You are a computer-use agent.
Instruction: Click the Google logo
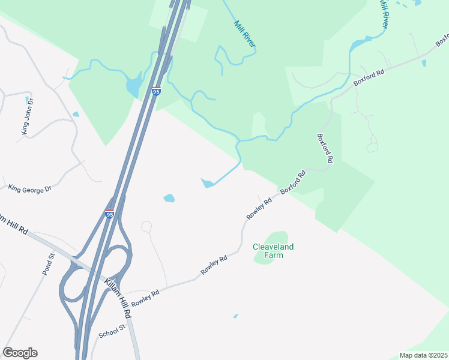[20, 353]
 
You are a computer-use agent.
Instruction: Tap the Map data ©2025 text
[424, 355]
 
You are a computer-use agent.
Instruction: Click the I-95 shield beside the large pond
[156, 91]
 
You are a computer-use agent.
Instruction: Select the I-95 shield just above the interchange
[109, 214]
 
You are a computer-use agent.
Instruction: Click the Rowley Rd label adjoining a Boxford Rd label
[259, 208]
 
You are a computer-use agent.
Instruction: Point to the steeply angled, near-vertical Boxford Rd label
[325, 148]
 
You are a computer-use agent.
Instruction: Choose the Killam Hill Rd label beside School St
[118, 298]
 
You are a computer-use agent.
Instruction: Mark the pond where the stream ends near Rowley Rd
[208, 183]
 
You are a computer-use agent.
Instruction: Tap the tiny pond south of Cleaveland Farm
[235, 316]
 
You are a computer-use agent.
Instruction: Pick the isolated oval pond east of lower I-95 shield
[169, 198]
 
